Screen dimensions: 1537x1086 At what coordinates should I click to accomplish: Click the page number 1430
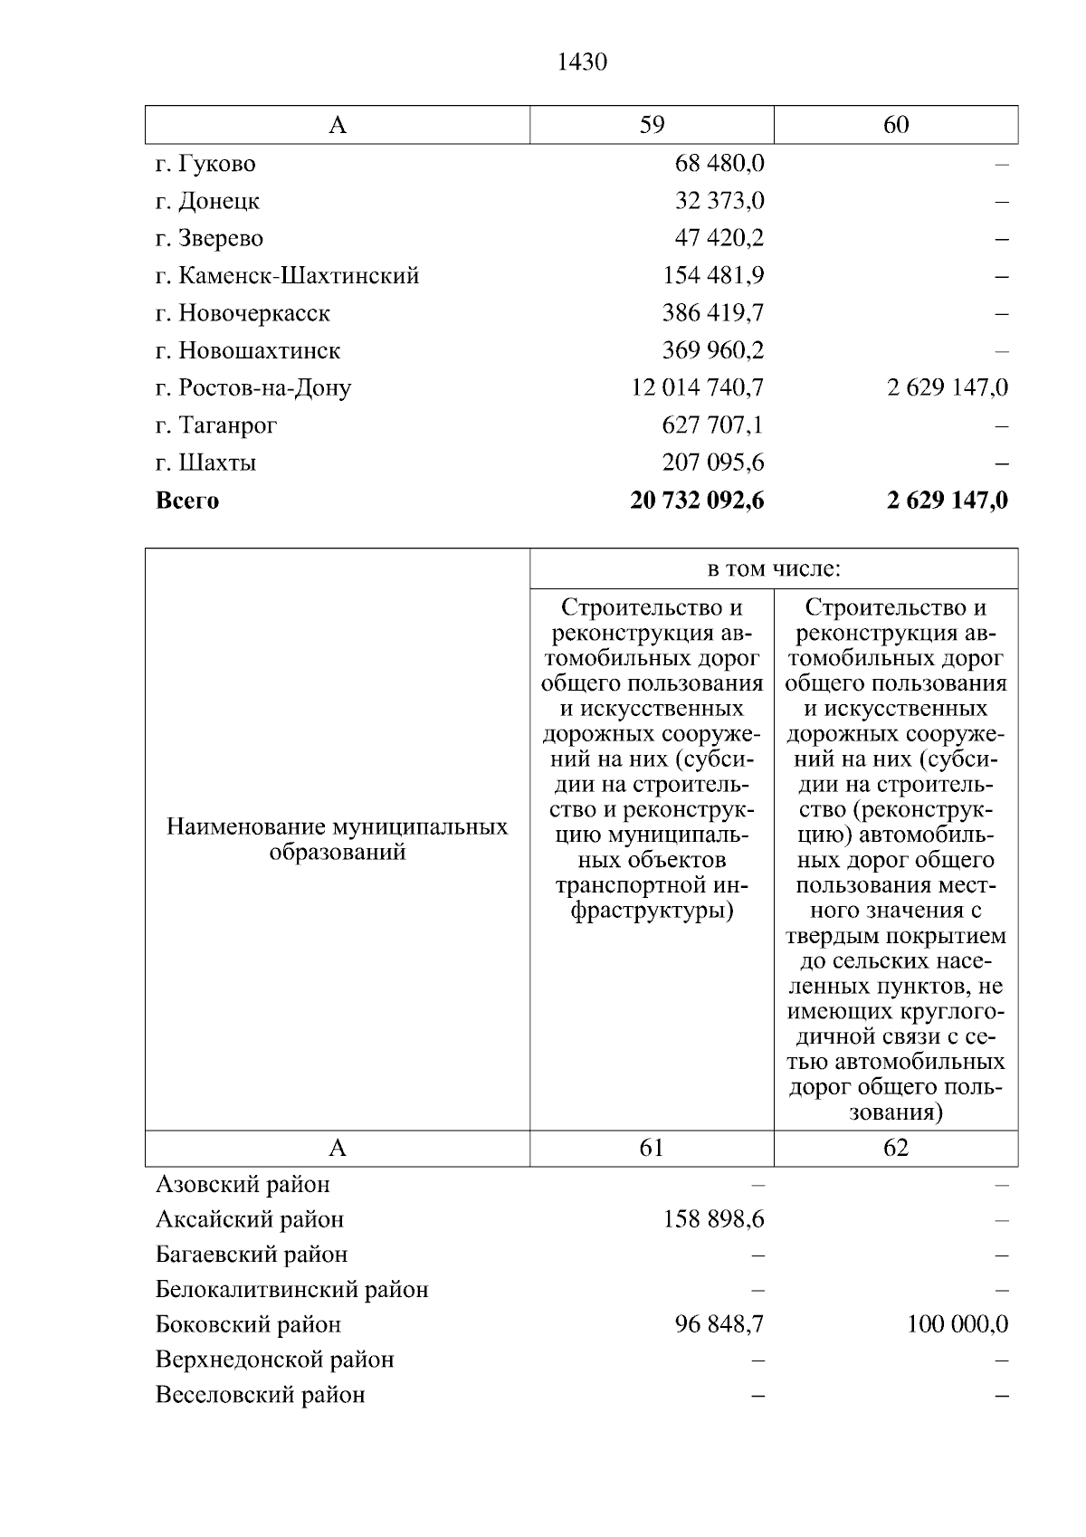point(581,62)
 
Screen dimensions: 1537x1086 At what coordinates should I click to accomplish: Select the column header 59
point(652,125)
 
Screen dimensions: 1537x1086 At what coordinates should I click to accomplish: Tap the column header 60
point(896,125)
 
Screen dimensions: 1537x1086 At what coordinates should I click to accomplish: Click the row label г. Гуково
point(205,164)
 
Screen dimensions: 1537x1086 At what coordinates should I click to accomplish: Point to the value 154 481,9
point(713,275)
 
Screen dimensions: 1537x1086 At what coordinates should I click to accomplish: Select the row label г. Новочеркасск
point(243,313)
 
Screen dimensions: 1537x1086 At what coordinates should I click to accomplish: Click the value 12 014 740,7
point(698,387)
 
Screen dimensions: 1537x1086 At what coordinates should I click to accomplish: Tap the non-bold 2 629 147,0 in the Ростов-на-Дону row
point(948,387)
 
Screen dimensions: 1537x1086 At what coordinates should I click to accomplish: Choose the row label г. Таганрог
point(216,425)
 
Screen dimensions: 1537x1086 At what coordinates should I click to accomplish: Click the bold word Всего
point(187,501)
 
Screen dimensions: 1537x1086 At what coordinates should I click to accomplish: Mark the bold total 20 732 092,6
point(697,501)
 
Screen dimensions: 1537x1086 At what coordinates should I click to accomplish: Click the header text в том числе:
point(774,569)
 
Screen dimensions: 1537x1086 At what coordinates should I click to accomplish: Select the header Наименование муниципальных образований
point(338,839)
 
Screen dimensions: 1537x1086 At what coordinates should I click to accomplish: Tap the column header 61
point(652,1148)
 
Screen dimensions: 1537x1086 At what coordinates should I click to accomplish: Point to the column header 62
point(896,1148)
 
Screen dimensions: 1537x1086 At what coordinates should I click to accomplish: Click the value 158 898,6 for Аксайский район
point(713,1219)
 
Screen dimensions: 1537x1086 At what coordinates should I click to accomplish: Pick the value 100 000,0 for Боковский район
point(957,1324)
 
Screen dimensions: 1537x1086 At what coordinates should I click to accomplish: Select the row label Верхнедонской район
point(275,1360)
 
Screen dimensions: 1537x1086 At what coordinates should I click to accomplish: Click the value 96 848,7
point(719,1324)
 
